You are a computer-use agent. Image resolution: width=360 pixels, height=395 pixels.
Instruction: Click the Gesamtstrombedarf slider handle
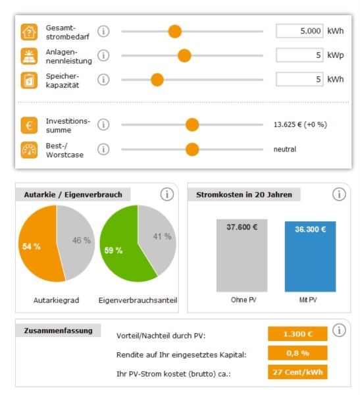(175, 32)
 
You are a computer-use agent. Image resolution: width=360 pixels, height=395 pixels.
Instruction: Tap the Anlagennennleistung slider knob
(184, 55)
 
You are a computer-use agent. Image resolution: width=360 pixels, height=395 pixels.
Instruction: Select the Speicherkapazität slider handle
(157, 80)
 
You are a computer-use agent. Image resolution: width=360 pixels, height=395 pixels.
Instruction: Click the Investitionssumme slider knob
(192, 124)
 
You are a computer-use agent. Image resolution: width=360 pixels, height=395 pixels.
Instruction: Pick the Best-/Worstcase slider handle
(192, 149)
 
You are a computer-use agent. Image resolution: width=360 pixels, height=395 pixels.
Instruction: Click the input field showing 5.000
(299, 31)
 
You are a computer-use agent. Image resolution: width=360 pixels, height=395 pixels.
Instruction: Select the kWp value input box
(299, 55)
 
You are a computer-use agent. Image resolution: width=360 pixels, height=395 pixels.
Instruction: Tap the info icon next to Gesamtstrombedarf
(103, 32)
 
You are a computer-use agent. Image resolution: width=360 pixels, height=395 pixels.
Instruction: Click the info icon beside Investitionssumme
(103, 124)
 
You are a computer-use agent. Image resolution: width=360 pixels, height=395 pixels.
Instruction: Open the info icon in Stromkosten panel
(339, 194)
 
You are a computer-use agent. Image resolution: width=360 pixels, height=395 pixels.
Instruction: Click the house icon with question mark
(29, 32)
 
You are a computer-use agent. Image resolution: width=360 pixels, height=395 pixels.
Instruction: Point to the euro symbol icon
(29, 125)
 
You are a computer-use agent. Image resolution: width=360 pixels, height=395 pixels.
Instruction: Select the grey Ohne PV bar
(242, 255)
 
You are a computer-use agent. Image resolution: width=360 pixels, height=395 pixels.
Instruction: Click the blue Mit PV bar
(311, 257)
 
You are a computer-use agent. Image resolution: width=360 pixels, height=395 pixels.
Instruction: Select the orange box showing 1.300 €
(297, 334)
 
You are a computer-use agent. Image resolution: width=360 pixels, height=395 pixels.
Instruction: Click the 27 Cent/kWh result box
(297, 372)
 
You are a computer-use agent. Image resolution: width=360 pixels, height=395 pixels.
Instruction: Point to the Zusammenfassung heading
(58, 330)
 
